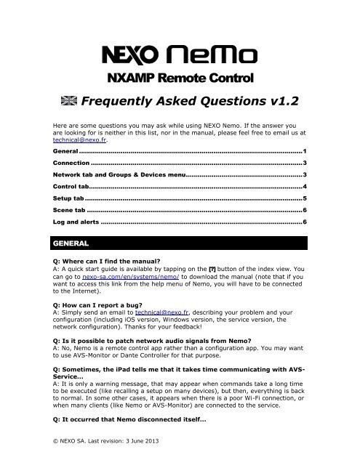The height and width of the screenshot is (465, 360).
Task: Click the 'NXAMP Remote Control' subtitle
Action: [180, 78]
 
